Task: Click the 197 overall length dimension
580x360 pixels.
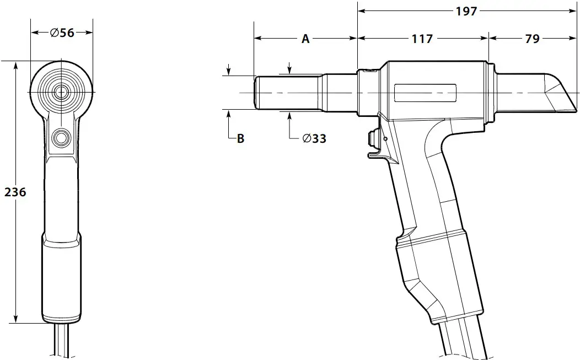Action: (x=466, y=11)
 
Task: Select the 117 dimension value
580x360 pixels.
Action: (x=422, y=39)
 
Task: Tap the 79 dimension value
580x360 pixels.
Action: (x=532, y=39)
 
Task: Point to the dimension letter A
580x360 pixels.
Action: (x=305, y=39)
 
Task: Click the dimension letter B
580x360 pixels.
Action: (x=240, y=138)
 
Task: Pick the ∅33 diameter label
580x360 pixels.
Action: (x=314, y=138)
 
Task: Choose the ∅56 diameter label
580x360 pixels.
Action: (x=62, y=33)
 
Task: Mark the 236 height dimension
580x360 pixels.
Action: (x=15, y=192)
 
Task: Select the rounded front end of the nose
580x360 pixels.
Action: (x=256, y=93)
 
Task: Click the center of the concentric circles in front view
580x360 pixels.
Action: (x=61, y=91)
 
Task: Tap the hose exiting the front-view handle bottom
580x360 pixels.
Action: (x=61, y=342)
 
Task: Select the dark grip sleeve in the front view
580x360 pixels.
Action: (x=61, y=276)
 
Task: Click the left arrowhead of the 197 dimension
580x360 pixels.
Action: (x=362, y=11)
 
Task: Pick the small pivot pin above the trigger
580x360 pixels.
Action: (x=385, y=138)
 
